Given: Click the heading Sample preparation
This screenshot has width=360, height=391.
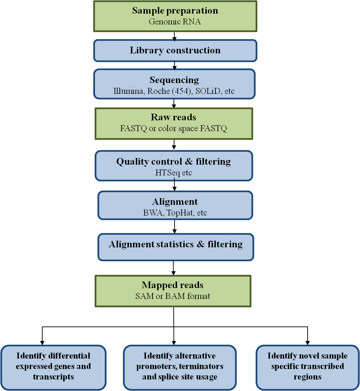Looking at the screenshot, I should click(175, 10).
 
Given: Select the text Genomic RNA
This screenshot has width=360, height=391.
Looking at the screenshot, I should click(175, 21).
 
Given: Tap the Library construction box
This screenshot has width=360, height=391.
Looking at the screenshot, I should click(175, 50).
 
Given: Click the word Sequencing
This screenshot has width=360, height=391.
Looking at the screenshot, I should click(174, 80).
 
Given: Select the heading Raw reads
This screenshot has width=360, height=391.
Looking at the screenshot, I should click(174, 117).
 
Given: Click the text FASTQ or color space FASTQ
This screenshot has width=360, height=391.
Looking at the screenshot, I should click(174, 129).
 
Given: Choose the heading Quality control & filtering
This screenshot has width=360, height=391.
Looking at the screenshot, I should click(174, 161).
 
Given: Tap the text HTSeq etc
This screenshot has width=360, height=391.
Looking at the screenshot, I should click(174, 173).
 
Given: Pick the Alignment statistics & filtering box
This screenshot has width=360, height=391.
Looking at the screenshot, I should click(175, 247).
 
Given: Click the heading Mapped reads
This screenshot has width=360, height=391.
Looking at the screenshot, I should click(173, 285).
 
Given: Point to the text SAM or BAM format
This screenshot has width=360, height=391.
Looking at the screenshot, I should click(173, 296).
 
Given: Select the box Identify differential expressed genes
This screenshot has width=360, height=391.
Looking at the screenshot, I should click(53, 367).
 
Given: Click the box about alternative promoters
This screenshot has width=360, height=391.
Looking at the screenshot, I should click(180, 367).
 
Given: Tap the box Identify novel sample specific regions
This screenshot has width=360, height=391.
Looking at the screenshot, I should click(307, 367).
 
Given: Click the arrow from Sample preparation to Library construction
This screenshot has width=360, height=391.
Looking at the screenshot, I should click(175, 36).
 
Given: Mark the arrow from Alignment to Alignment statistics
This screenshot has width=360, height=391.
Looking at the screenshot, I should click(175, 227).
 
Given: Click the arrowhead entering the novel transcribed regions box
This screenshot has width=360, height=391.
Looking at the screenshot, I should click(307, 342).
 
